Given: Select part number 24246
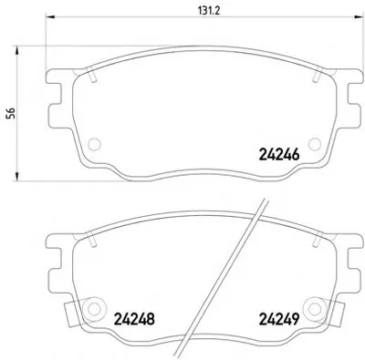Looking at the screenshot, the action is point(279,155).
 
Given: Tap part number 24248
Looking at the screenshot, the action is point(134,319).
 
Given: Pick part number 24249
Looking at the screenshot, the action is point(279,319).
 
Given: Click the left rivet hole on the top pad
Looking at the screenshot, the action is point(94,144).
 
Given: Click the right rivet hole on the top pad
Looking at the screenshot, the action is point(315,144).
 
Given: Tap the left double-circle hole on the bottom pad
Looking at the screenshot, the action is point(93,309).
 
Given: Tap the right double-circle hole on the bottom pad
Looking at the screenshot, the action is point(314,309).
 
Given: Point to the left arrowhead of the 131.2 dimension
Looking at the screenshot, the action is point(49,16).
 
